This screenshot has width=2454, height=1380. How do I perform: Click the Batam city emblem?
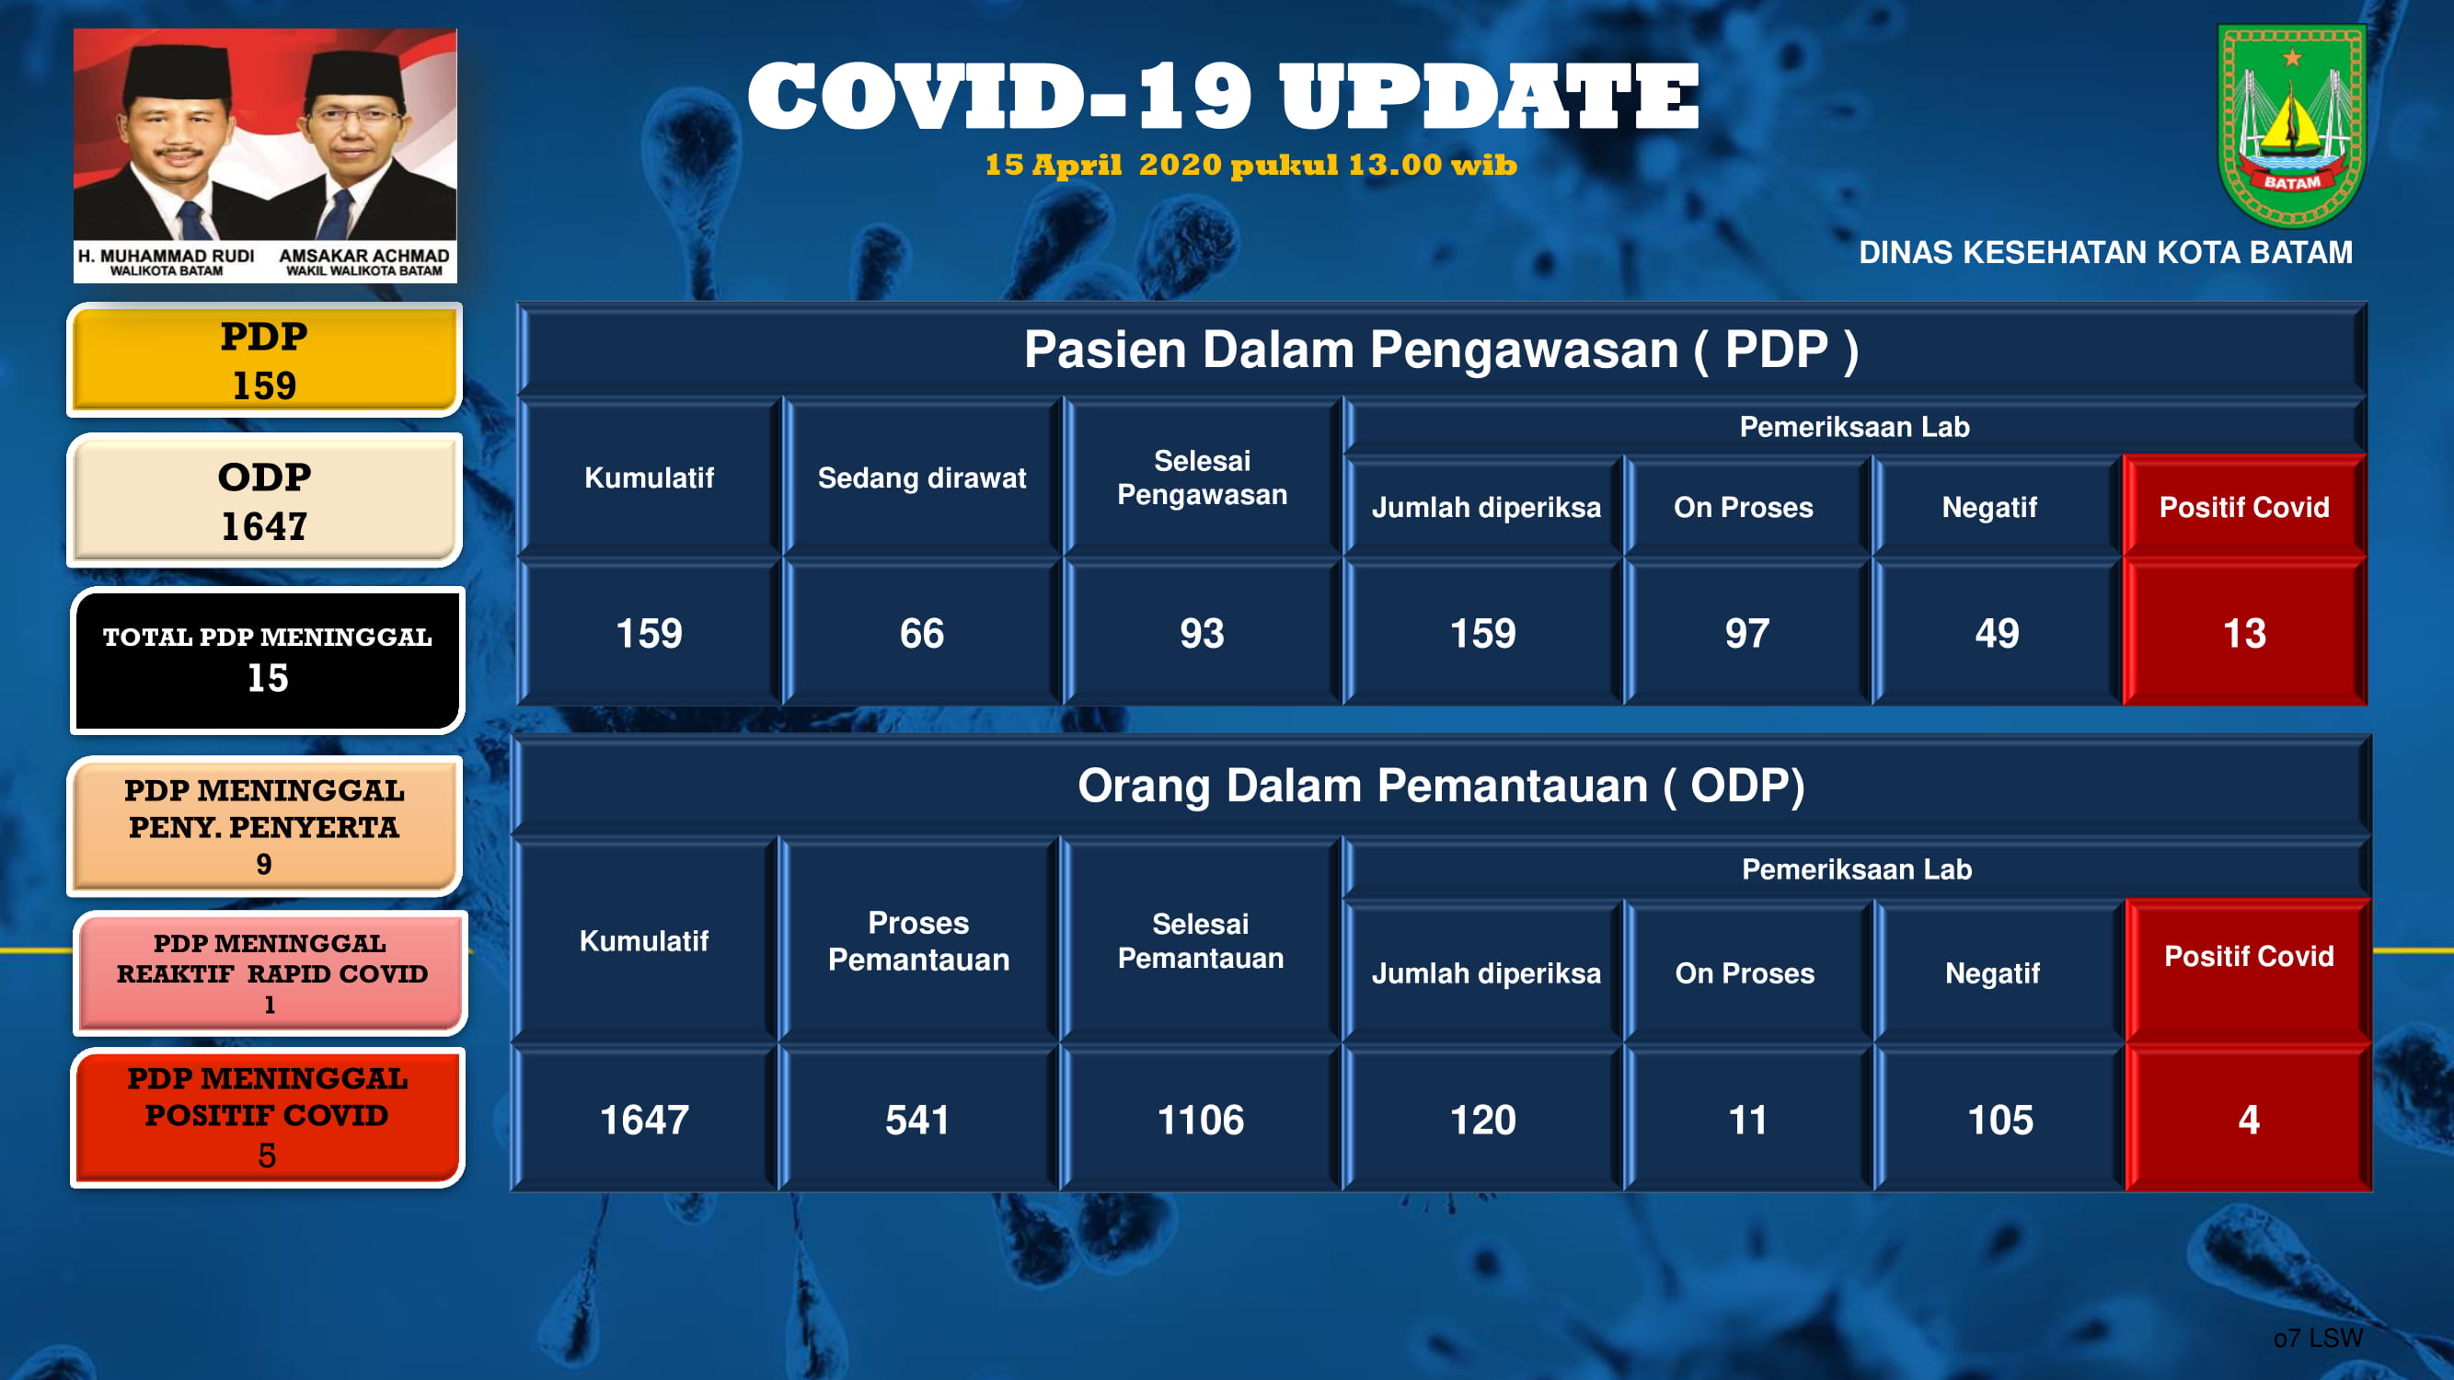[x=2291, y=126]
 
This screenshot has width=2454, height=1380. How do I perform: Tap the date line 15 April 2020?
[x=1250, y=165]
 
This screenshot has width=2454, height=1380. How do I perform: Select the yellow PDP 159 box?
[x=265, y=360]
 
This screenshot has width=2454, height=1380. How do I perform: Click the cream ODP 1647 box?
[x=265, y=500]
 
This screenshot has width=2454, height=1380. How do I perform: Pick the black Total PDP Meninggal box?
[x=268, y=660]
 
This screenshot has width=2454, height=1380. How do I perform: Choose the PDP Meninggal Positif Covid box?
[x=268, y=1117]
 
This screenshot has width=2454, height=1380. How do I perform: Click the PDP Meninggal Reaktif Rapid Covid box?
[x=271, y=972]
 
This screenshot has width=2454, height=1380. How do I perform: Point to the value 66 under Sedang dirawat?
[x=922, y=633]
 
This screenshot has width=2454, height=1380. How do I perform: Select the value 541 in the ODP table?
[x=917, y=1120]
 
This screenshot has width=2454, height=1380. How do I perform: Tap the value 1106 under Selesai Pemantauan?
[x=1201, y=1120]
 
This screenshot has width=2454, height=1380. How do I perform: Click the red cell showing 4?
[x=2248, y=1118]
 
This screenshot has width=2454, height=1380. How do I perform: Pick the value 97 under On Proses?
[x=1747, y=633]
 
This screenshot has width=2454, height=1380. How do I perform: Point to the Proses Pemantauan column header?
[x=918, y=941]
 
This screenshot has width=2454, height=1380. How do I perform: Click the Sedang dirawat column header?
[x=922, y=477]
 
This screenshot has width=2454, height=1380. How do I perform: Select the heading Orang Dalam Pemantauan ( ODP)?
[x=1441, y=787]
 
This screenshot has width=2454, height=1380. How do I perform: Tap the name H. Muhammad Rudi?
[x=166, y=255]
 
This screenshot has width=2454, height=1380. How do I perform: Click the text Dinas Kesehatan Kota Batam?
[x=2105, y=252]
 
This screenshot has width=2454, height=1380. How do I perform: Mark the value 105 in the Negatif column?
[x=2000, y=1120]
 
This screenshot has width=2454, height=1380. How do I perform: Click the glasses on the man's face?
[x=351, y=116]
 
